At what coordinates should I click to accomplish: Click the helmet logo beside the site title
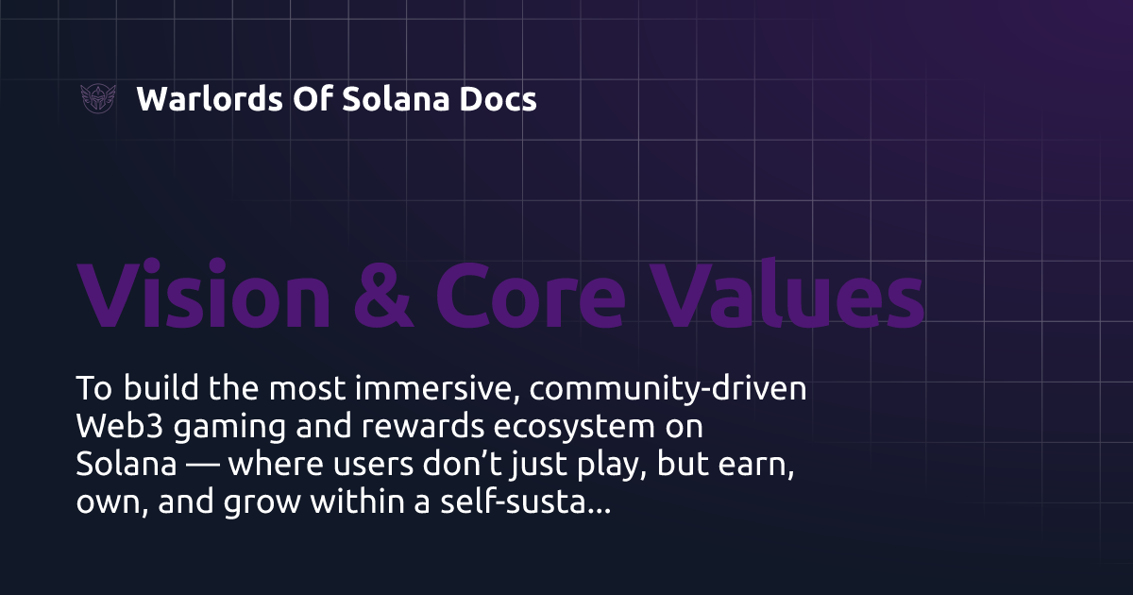click(x=98, y=98)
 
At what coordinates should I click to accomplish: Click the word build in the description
click(x=153, y=389)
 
